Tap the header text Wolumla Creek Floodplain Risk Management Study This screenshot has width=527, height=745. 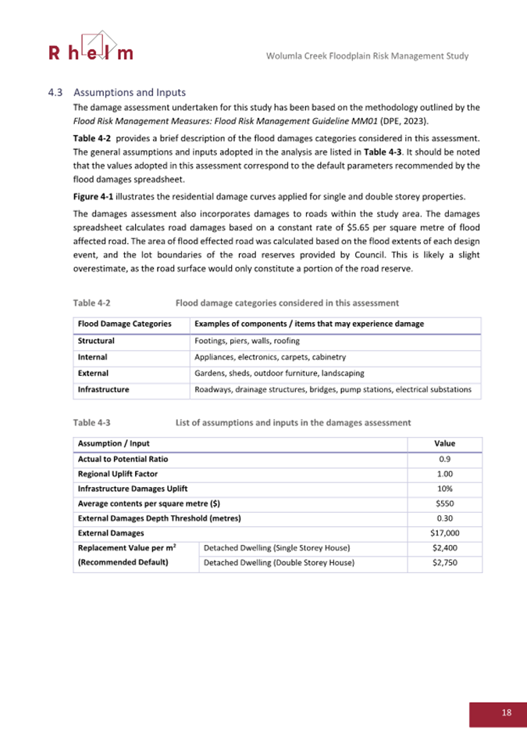367,56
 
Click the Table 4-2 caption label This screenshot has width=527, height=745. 91,302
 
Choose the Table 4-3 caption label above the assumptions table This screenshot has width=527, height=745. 91,422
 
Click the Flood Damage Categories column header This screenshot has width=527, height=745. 124,324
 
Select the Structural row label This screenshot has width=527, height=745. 96,341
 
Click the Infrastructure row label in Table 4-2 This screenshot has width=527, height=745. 103,389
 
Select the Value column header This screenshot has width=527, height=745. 444,443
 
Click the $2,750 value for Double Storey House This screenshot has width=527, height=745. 444,562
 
